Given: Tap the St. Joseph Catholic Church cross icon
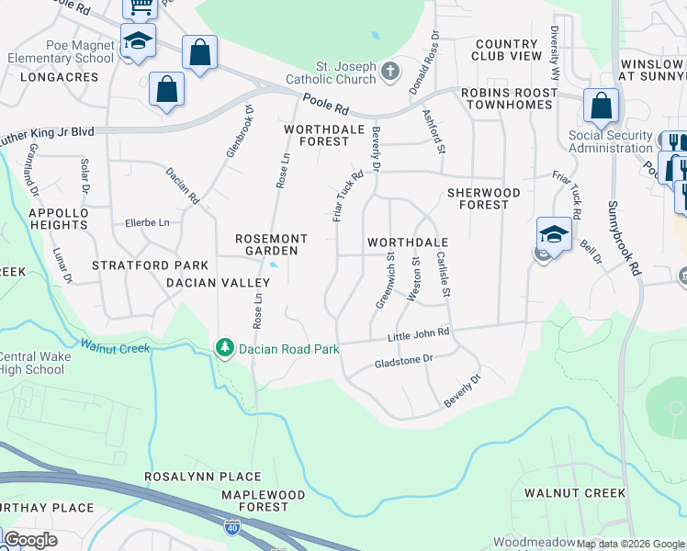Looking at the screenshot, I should tap(390, 71).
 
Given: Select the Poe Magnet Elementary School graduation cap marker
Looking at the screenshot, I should tap(138, 41).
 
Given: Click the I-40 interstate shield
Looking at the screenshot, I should tap(232, 527).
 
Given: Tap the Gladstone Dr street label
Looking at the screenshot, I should tap(403, 362).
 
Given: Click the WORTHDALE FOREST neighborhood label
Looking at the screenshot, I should tap(317, 135).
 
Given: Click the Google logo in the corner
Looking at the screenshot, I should tap(29, 540).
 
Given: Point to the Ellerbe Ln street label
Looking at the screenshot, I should tap(147, 223).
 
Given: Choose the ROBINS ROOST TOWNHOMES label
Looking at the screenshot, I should tap(507, 98).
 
